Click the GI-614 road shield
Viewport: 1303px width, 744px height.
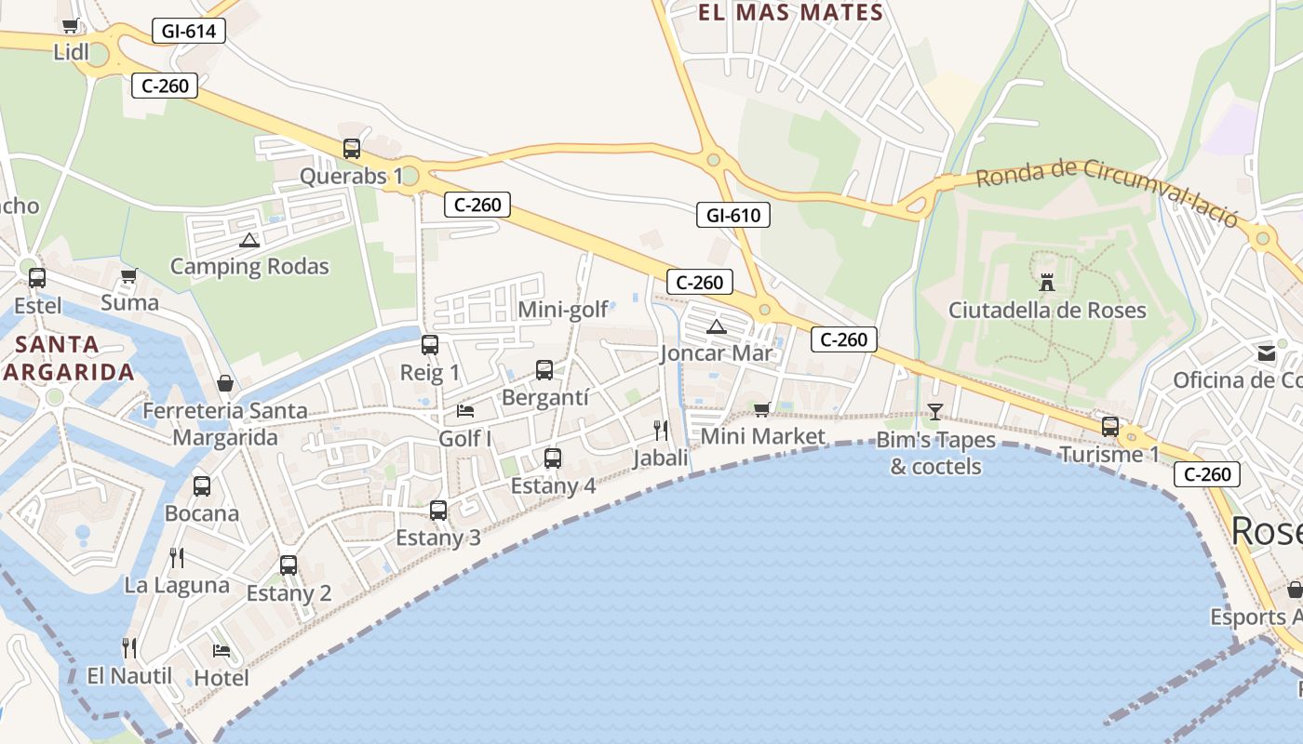coord(189,32)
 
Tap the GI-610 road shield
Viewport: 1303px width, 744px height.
coord(733,216)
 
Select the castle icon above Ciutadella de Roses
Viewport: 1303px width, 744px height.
coord(1047,282)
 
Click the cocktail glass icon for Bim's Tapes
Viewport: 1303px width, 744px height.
coord(935,411)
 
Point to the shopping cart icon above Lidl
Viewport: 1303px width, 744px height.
coord(71,25)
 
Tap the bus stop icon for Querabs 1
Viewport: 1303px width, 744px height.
coord(351,148)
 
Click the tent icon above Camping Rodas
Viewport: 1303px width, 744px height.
coord(249,240)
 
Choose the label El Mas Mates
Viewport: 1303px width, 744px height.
coord(790,13)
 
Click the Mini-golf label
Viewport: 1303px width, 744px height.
coord(563,310)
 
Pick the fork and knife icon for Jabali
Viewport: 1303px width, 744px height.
coord(661,430)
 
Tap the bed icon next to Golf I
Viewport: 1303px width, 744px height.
coord(465,410)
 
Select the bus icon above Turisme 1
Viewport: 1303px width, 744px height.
coord(1109,427)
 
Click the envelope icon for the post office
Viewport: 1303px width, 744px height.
coord(1267,352)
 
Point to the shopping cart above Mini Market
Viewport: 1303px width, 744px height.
coord(762,409)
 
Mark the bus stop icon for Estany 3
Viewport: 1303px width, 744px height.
coord(438,510)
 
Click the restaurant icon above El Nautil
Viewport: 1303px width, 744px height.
coord(129,647)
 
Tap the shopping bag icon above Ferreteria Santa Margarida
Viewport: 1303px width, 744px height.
coord(225,382)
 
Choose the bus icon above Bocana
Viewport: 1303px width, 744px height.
coord(202,485)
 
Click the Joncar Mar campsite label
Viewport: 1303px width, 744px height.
coord(717,353)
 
